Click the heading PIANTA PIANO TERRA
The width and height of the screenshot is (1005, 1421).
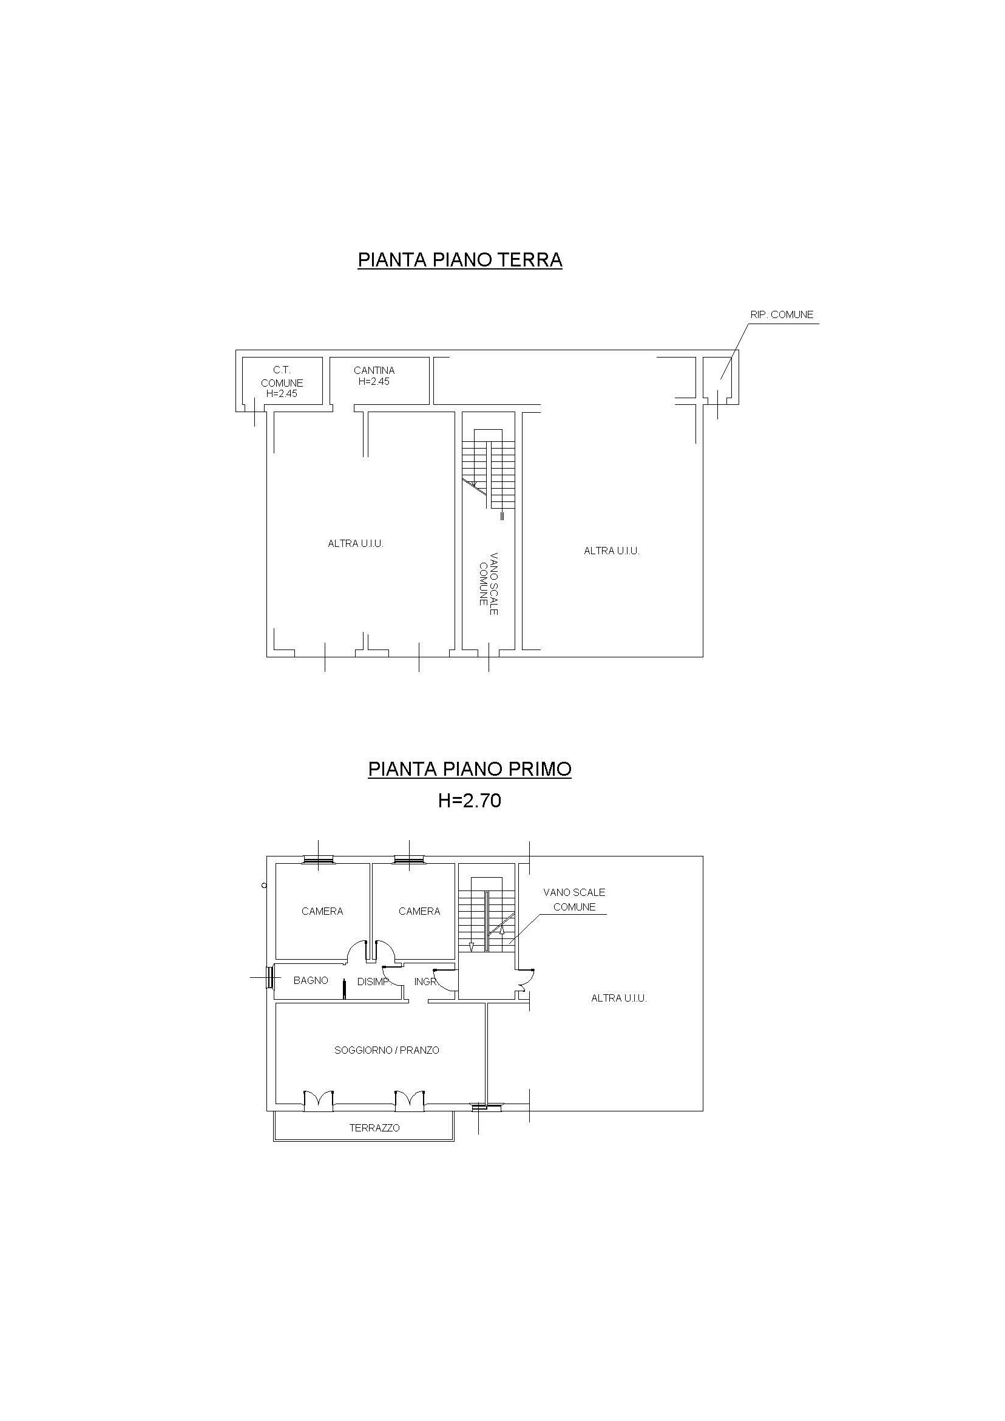click(x=460, y=260)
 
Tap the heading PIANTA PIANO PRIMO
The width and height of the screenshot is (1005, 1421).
click(x=470, y=768)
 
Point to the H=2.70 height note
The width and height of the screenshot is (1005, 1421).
click(x=469, y=801)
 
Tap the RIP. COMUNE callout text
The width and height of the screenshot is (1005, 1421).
click(x=782, y=314)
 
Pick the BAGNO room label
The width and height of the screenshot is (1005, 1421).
click(x=311, y=980)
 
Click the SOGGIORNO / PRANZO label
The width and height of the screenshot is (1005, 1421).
click(x=387, y=1050)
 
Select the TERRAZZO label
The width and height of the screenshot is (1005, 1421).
click(x=374, y=1128)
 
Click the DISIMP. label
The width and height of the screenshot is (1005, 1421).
click(x=373, y=982)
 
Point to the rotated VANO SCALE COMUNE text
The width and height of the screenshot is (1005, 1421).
click(x=489, y=583)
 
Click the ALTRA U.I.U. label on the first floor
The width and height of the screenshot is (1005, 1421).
click(x=619, y=999)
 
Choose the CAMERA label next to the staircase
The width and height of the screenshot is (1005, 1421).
click(x=419, y=911)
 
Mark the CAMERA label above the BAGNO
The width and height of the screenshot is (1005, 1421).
click(x=322, y=911)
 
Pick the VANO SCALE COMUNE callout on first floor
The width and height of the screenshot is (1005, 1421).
click(x=574, y=900)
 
